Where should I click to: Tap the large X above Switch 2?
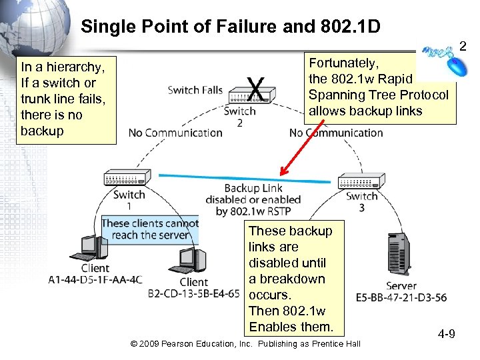[x=254, y=86]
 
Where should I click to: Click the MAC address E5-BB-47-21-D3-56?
[x=401, y=297]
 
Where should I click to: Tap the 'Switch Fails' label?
[x=195, y=90]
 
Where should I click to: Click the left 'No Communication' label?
[x=175, y=133]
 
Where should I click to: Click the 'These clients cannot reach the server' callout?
[x=151, y=229]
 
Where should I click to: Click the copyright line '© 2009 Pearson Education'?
[x=245, y=343]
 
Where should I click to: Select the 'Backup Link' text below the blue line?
[x=253, y=189]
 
